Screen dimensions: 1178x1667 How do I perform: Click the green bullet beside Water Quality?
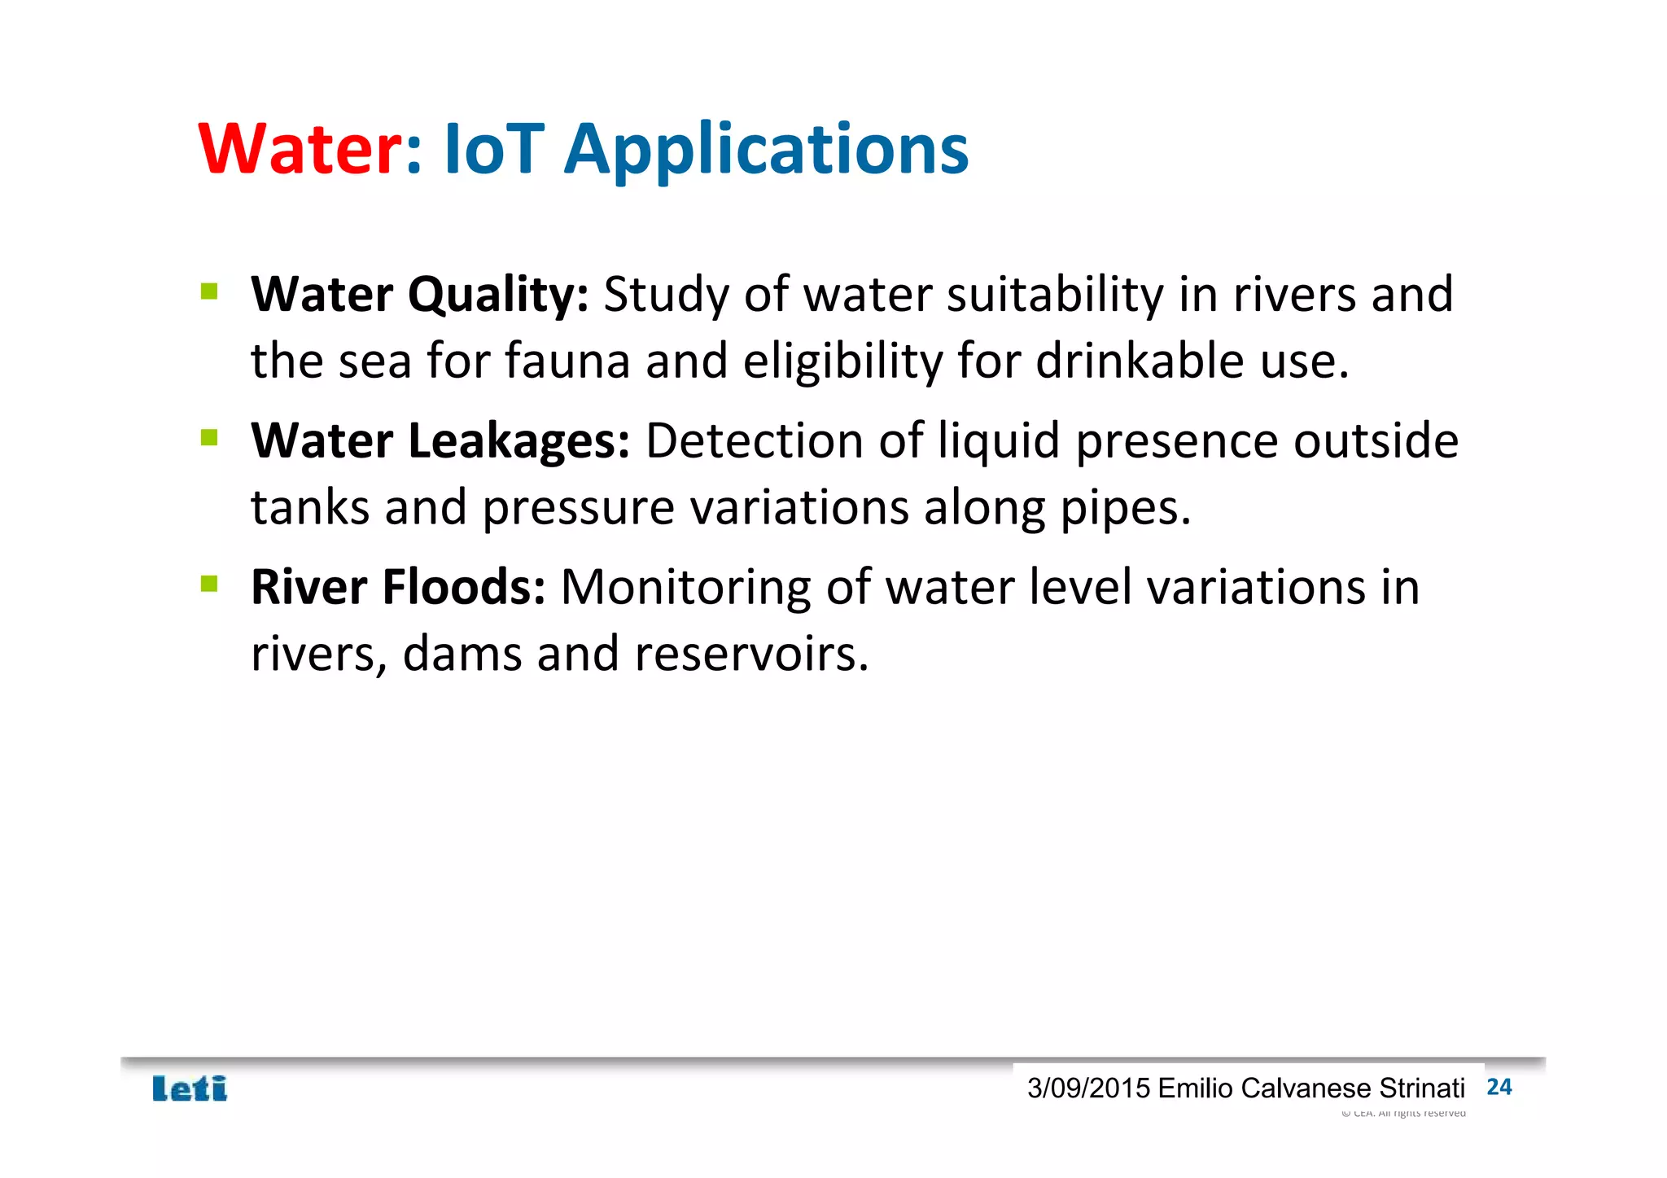209,291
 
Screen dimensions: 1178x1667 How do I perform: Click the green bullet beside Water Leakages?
209,438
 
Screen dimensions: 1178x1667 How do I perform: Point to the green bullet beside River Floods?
209,584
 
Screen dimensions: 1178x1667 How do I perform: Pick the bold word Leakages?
518,442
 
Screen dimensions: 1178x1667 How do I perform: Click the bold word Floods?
463,588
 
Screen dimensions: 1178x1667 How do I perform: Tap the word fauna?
567,361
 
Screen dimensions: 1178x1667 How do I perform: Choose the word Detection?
754,442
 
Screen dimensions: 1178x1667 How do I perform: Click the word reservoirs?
751,655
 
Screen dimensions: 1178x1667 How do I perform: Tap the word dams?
462,655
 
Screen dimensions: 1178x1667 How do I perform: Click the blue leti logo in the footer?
190,1088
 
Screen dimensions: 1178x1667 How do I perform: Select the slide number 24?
1499,1088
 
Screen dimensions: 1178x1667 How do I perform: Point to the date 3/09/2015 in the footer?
1088,1088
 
